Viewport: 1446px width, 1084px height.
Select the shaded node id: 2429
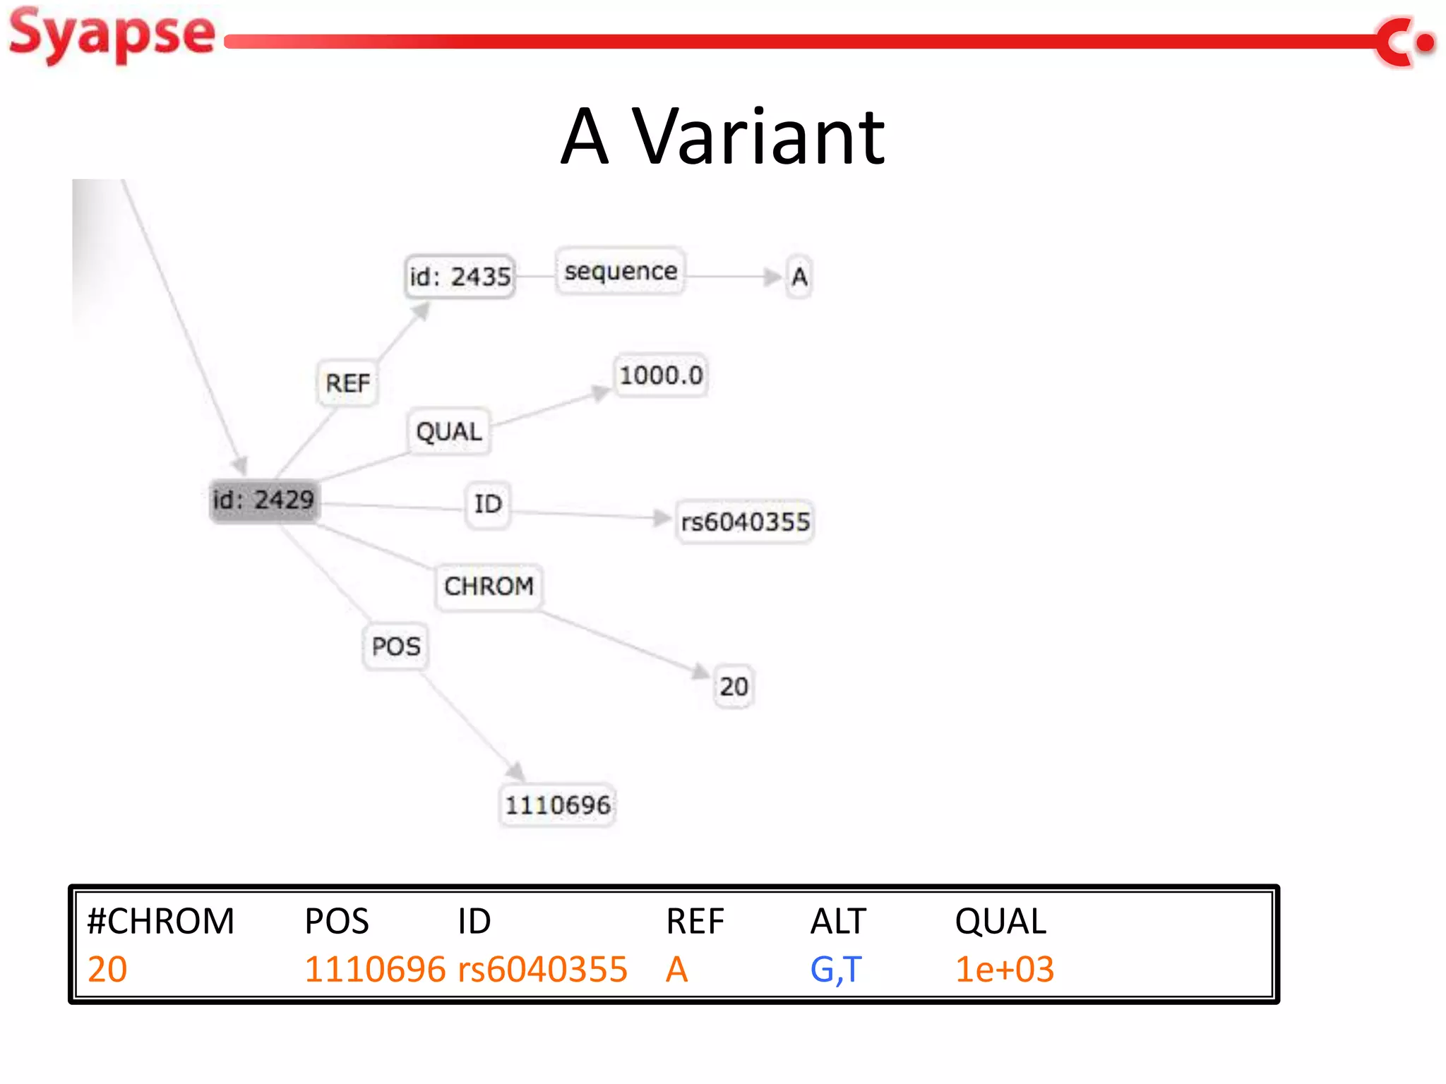(x=263, y=500)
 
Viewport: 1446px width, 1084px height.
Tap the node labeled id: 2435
(x=460, y=277)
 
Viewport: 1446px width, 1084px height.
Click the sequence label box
(x=620, y=271)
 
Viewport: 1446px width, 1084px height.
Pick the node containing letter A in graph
(x=799, y=277)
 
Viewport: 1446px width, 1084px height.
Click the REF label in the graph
(x=347, y=383)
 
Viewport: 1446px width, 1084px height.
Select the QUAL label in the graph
(x=449, y=431)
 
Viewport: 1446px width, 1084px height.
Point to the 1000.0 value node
(x=661, y=375)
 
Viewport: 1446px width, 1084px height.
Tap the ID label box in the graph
(x=488, y=504)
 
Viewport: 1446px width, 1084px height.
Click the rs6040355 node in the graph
(x=745, y=522)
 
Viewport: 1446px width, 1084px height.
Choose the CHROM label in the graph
(x=489, y=586)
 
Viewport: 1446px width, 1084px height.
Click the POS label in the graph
(x=395, y=646)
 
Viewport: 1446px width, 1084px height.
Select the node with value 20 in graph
(x=734, y=686)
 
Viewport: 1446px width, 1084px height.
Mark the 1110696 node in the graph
(x=557, y=805)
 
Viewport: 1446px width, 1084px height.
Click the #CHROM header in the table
(x=160, y=921)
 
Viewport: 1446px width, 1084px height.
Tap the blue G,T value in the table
(x=836, y=969)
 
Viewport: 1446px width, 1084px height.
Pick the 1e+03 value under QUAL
(x=1004, y=969)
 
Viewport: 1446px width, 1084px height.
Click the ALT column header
(x=838, y=921)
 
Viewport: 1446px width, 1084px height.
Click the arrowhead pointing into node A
(x=773, y=277)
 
